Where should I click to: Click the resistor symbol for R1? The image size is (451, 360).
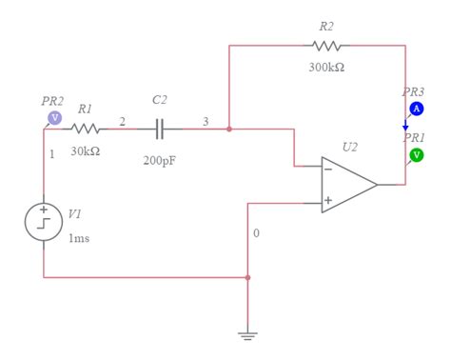pyautogui.click(x=86, y=129)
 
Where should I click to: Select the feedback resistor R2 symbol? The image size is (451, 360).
pyautogui.click(x=326, y=45)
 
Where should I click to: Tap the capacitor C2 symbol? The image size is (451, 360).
pyautogui.click(x=160, y=129)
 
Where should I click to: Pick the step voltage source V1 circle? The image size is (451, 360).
pyautogui.click(x=44, y=221)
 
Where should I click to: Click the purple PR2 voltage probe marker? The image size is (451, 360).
pyautogui.click(x=54, y=117)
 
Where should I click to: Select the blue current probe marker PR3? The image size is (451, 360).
pyautogui.click(x=416, y=110)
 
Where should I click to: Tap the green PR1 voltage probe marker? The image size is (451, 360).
pyautogui.click(x=416, y=154)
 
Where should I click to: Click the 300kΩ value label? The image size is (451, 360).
pyautogui.click(x=326, y=68)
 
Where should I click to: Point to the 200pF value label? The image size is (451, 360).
pyautogui.click(x=160, y=161)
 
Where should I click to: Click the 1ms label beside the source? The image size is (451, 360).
pyautogui.click(x=79, y=238)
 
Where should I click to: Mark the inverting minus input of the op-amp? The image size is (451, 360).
pyautogui.click(x=327, y=169)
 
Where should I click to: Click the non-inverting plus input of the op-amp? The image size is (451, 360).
pyautogui.click(x=327, y=201)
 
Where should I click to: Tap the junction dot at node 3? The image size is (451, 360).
pyautogui.click(x=229, y=129)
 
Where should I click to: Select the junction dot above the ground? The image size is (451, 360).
pyautogui.click(x=247, y=278)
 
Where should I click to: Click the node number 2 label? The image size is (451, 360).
pyautogui.click(x=121, y=121)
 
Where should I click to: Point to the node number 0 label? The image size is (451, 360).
pyautogui.click(x=256, y=233)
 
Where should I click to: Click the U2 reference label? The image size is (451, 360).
pyautogui.click(x=350, y=148)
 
